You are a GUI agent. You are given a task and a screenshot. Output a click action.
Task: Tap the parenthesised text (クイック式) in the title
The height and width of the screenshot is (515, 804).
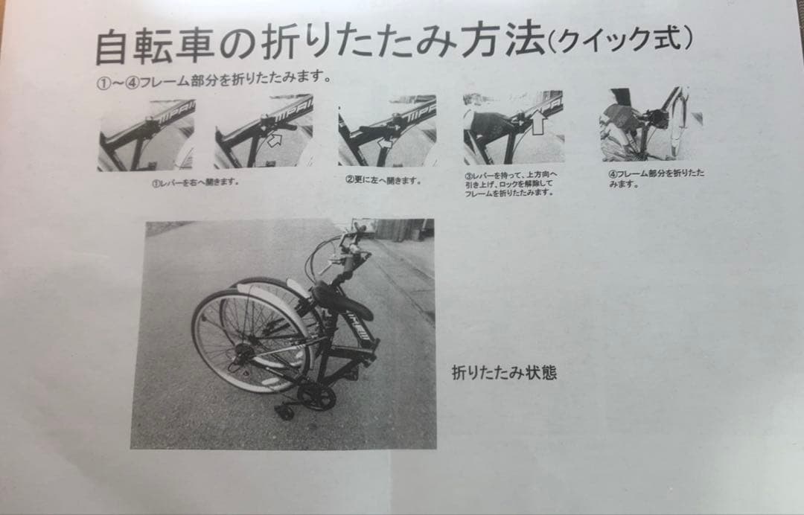coord(619,39)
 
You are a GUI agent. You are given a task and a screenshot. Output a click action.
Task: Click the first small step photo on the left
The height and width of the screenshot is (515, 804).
coord(146,135)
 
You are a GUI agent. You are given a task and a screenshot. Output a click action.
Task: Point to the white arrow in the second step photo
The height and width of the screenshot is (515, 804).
coord(275,138)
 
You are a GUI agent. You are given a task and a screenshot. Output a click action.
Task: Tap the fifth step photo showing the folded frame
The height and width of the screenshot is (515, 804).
coord(649,124)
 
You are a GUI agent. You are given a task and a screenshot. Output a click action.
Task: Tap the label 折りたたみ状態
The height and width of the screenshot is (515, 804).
coord(504,372)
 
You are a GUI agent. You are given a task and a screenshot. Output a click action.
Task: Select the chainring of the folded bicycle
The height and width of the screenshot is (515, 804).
coord(316,396)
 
